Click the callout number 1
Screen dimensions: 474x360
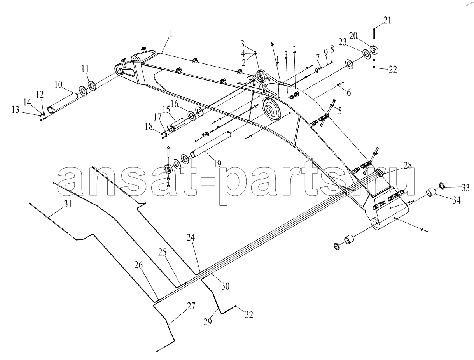click(x=171, y=33)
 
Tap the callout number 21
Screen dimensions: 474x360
click(x=387, y=20)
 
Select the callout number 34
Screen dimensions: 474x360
click(x=456, y=200)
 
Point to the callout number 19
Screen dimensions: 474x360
click(x=217, y=164)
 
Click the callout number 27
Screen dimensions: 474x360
click(x=191, y=306)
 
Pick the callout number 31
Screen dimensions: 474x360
click(x=68, y=204)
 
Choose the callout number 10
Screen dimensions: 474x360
click(x=58, y=84)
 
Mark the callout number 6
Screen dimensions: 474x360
click(x=349, y=93)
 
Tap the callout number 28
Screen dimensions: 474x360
click(x=408, y=165)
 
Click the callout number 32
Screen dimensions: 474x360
click(x=249, y=314)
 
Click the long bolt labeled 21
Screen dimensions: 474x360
click(x=374, y=36)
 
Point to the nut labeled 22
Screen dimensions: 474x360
click(x=374, y=67)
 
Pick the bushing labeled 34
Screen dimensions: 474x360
click(x=430, y=192)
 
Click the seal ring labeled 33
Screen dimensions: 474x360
click(x=442, y=185)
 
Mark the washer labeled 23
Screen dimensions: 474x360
click(x=366, y=54)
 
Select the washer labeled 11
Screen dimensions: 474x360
click(x=93, y=86)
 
